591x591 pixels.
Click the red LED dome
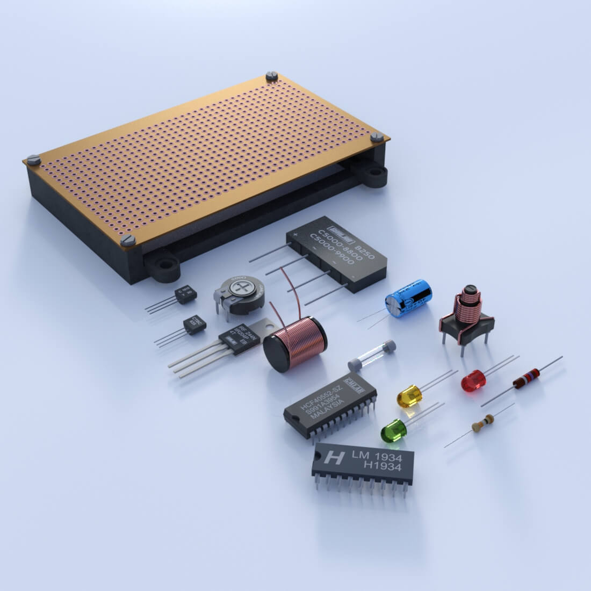[473, 380]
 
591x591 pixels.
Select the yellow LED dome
[409, 396]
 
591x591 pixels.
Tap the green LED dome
[393, 430]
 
